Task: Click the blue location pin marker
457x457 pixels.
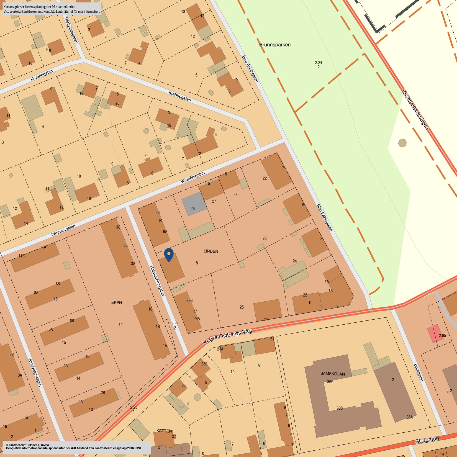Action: pyautogui.click(x=169, y=255)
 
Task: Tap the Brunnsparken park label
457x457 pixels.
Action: pyautogui.click(x=275, y=45)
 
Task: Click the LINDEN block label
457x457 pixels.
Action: pyautogui.click(x=211, y=251)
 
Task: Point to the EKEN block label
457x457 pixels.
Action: pyautogui.click(x=116, y=302)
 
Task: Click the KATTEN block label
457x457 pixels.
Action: pyautogui.click(x=164, y=431)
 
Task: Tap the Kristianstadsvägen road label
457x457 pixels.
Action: pyautogui.click(x=415, y=109)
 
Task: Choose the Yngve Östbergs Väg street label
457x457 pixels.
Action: pyautogui.click(x=227, y=337)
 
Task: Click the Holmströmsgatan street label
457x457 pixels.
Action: pyautogui.click(x=157, y=280)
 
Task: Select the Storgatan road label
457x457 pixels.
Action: pyautogui.click(x=427, y=440)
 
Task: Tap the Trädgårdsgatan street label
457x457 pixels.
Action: pyautogui.click(x=71, y=29)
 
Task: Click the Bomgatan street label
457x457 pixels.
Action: pyautogui.click(x=419, y=372)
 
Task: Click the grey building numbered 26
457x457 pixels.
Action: pyautogui.click(x=194, y=204)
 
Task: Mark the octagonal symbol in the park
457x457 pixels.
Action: pyautogui.click(x=402, y=143)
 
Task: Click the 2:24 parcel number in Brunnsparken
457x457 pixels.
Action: pyautogui.click(x=319, y=63)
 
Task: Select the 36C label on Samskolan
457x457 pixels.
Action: pyautogui.click(x=330, y=382)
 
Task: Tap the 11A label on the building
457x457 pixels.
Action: pyautogui.click(x=43, y=247)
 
